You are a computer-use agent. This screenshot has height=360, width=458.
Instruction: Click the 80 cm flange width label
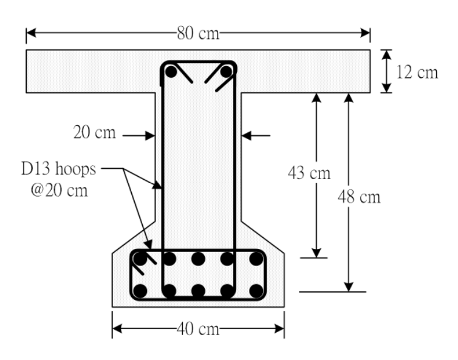198,33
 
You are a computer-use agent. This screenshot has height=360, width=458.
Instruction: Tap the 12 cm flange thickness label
417,72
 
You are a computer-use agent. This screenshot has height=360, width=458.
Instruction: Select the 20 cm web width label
94,132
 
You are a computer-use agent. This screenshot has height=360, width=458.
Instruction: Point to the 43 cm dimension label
309,172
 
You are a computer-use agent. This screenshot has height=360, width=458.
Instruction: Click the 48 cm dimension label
359,197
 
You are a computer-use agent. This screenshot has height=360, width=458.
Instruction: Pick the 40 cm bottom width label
198,329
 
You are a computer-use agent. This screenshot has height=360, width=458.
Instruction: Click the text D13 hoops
58,169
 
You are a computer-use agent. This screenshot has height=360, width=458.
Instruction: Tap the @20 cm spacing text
59,190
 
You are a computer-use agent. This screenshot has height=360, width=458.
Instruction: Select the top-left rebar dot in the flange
171,72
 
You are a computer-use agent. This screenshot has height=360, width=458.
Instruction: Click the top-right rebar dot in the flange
227,72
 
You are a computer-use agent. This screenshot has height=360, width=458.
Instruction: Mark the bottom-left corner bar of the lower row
140,291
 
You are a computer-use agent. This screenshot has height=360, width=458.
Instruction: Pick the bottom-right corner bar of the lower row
256,291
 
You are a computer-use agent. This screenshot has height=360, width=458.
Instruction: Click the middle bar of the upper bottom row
198,259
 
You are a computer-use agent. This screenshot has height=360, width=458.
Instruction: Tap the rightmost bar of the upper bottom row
256,259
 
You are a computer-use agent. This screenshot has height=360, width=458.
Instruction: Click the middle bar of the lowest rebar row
198,291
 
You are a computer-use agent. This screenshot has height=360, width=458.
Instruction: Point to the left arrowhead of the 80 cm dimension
31,33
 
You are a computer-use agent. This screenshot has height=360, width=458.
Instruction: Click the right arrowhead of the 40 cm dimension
279,329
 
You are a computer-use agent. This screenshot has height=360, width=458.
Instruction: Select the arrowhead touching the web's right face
246,135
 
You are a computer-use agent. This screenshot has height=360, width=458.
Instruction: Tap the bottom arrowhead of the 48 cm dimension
349,287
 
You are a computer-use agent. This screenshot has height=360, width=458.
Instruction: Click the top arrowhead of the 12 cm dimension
386,55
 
